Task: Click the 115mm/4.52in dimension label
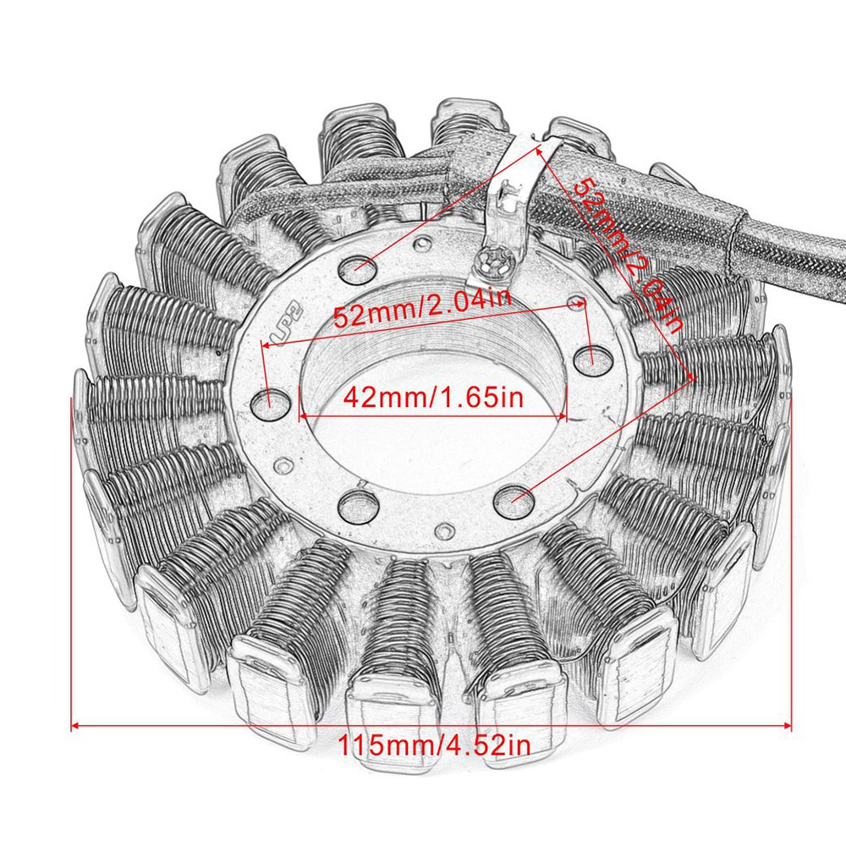click(x=434, y=745)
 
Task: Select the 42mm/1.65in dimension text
click(x=433, y=398)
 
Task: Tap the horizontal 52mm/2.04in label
click(x=422, y=309)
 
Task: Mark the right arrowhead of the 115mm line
click(x=787, y=726)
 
